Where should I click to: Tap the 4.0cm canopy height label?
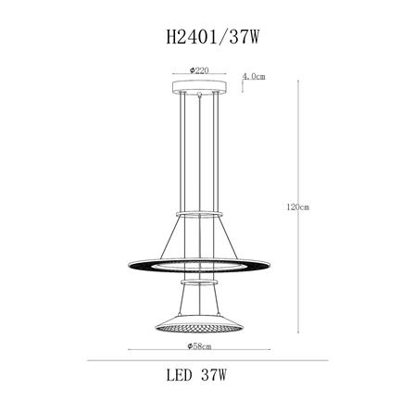(252, 77)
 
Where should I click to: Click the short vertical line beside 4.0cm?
(239, 80)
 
